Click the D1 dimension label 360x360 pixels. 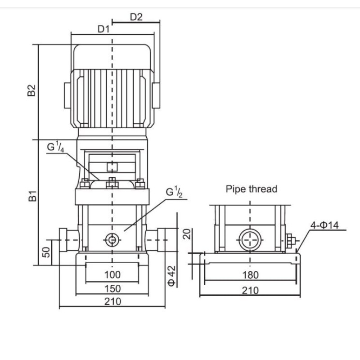pos(103,29)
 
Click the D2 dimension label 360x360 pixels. pos(136,17)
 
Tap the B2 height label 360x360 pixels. pos(31,90)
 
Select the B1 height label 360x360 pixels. pos(32,196)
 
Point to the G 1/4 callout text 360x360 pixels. pos(55,147)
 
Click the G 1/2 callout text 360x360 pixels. pos(174,192)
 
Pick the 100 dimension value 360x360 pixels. pos(112,274)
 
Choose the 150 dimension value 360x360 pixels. pos(112,288)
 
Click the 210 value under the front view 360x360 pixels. pos(112,301)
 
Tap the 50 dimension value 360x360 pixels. pos(46,252)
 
